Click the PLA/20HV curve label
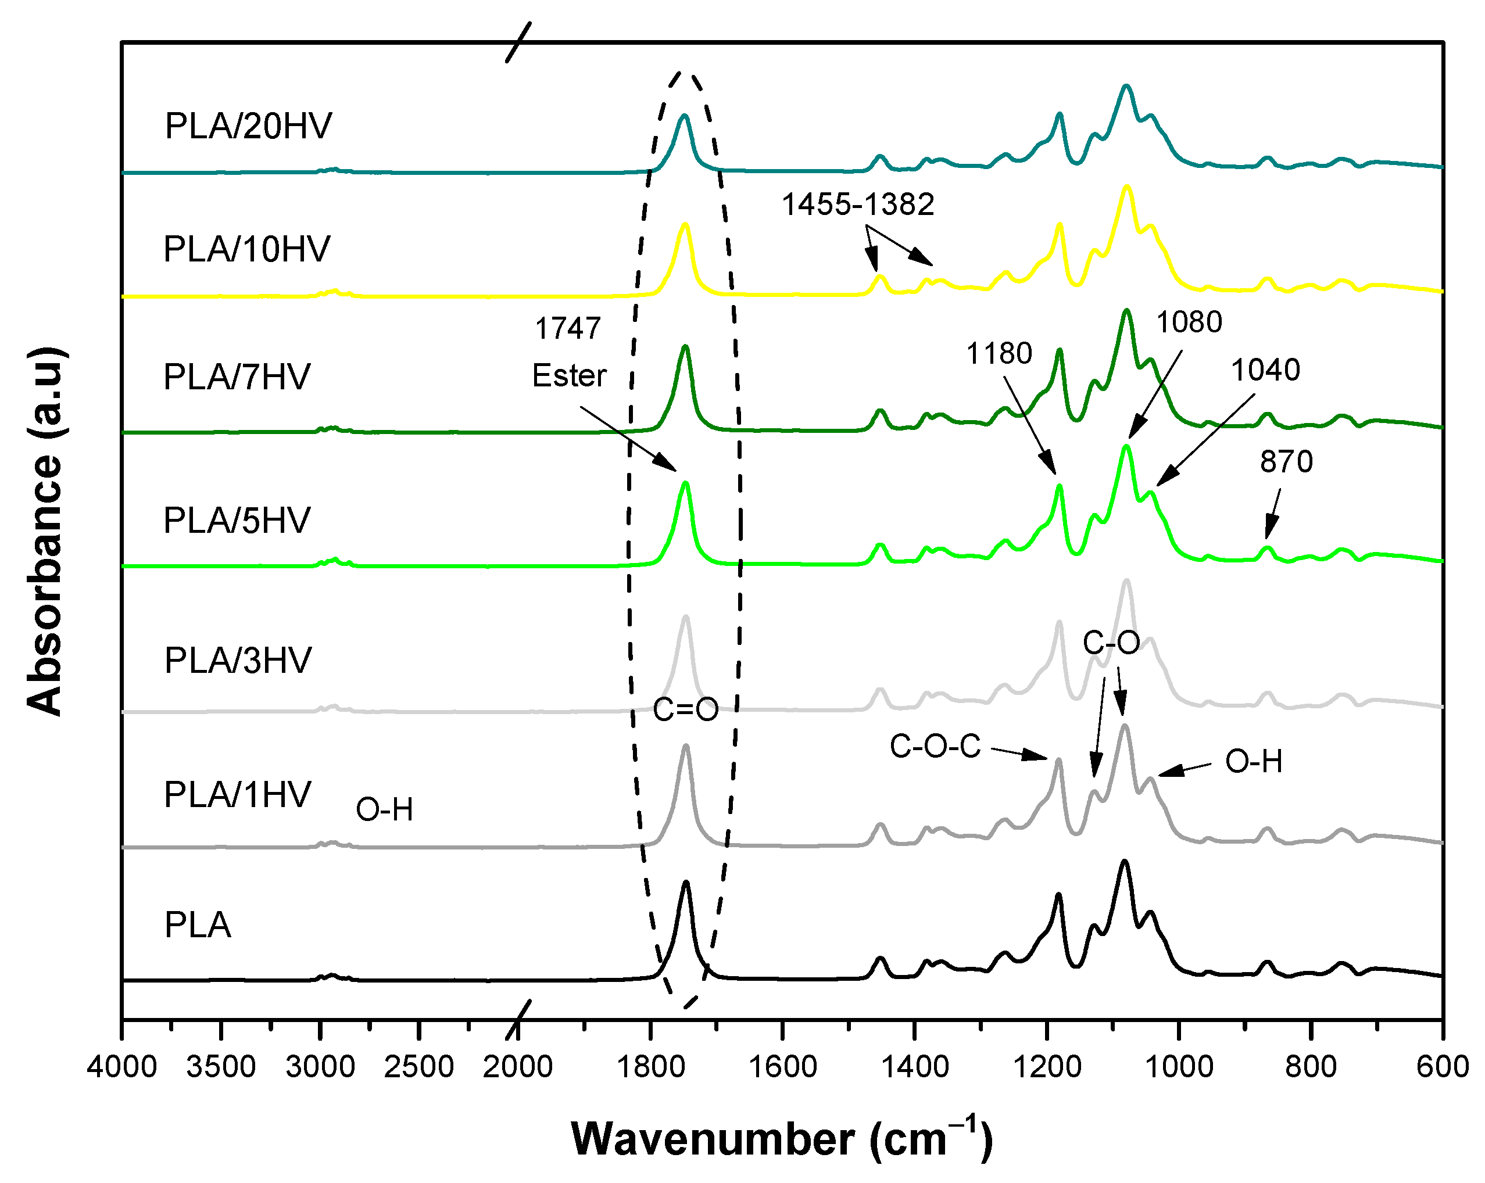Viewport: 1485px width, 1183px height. [x=248, y=126]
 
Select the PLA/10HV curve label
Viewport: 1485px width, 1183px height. [x=246, y=249]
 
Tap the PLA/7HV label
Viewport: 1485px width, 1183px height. [x=237, y=377]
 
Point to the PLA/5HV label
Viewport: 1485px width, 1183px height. [x=237, y=520]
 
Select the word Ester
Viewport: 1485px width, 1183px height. [x=569, y=376]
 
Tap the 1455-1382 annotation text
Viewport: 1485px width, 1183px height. [x=857, y=204]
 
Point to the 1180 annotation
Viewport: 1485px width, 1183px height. [x=999, y=353]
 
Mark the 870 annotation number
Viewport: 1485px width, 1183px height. [x=1286, y=461]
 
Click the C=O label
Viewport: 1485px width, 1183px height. [x=685, y=709]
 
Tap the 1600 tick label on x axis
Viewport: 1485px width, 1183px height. [x=782, y=1067]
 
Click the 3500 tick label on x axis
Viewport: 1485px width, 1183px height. [x=221, y=1067]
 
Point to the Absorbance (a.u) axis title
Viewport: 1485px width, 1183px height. [x=45, y=532]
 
